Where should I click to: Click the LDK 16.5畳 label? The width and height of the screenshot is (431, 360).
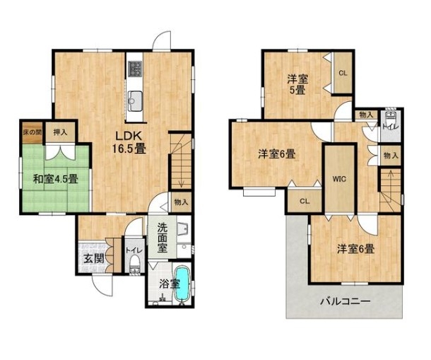click(129, 143)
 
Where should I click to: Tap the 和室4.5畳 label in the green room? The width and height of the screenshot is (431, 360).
click(56, 179)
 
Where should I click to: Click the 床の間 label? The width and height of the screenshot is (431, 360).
click(33, 132)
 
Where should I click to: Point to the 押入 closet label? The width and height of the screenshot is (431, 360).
click(60, 132)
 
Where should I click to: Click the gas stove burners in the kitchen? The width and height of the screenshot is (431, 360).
click(134, 69)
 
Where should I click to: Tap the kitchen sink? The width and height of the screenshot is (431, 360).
click(135, 100)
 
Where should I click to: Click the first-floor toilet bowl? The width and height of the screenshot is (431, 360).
click(134, 265)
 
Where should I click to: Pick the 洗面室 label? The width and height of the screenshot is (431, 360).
click(163, 238)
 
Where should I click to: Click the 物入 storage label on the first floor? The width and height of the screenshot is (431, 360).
click(181, 202)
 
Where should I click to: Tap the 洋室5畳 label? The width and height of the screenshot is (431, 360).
click(297, 85)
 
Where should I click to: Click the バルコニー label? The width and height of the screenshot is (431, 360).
click(346, 301)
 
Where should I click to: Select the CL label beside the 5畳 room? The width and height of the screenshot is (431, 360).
click(343, 74)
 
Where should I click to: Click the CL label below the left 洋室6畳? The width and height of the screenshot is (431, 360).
click(305, 201)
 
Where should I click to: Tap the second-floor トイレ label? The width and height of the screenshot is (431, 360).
click(391, 127)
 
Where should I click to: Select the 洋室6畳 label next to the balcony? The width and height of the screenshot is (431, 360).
click(356, 250)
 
